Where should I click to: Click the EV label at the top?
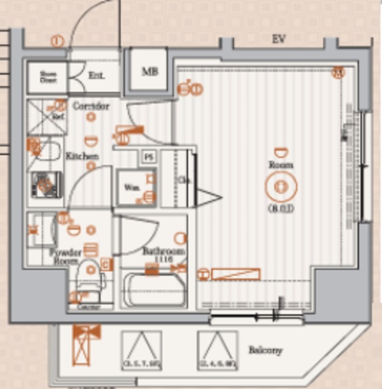279,40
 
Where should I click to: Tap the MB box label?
150,72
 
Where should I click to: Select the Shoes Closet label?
48,77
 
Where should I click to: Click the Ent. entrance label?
96,76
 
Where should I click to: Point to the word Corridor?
91,106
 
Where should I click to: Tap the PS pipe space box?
148,157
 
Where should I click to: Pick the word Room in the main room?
280,165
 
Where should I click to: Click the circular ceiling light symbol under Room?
280,187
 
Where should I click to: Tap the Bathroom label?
164,251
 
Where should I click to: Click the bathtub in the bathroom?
155,291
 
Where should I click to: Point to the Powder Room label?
66,256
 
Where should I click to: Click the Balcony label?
265,351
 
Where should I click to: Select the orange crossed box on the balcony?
85,344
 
